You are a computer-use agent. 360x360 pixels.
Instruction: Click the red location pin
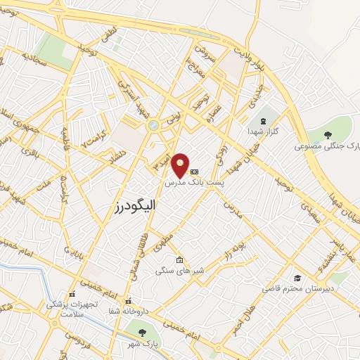pos(181,165)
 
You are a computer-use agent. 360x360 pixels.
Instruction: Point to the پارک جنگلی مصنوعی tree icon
pos(328,134)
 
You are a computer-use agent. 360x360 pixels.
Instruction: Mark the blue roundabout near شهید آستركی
pos(153,125)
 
